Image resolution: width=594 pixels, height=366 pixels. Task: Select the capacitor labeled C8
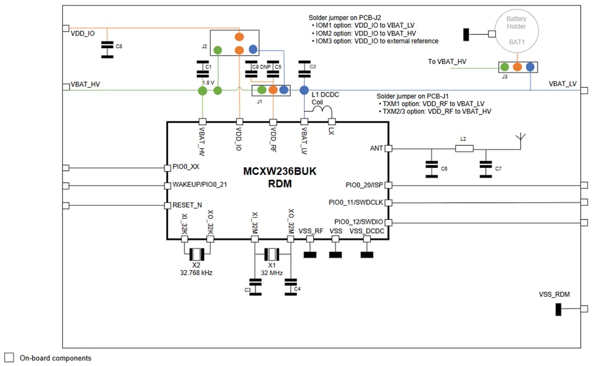(107, 50)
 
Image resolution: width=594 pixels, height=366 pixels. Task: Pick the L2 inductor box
(464, 148)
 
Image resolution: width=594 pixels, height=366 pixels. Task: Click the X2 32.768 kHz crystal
(197, 254)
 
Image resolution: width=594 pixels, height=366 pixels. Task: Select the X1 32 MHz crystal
(272, 254)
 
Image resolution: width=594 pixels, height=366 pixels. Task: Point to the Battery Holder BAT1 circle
(516, 26)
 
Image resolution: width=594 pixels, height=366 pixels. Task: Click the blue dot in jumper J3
(530, 67)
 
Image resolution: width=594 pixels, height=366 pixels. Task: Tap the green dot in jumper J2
(218, 50)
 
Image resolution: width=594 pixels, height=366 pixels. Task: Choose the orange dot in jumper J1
(273, 90)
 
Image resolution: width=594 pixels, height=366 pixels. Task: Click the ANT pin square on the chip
(388, 148)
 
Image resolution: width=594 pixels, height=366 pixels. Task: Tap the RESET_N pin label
(187, 205)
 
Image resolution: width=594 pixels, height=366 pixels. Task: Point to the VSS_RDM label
(554, 294)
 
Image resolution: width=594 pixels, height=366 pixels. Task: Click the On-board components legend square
(9, 358)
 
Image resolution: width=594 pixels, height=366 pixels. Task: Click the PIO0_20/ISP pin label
(364, 185)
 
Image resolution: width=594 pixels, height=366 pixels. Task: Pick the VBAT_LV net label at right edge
(563, 84)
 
